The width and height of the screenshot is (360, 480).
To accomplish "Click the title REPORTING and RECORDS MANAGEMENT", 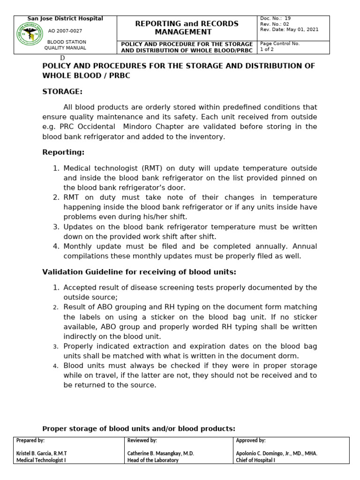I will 187,28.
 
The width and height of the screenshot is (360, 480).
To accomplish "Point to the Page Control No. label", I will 280,43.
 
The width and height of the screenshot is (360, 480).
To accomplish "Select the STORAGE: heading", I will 62,91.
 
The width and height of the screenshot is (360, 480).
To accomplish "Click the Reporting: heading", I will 63,152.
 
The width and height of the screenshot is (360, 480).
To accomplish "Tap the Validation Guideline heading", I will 139,272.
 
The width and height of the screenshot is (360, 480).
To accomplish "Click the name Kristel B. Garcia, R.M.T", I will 42,453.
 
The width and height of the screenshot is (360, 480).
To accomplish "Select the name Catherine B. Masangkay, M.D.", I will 160,453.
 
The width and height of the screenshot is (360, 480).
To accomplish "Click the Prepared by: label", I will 30,441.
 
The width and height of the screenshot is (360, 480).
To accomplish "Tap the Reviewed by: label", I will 142,441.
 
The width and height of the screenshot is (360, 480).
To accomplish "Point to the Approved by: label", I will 251,441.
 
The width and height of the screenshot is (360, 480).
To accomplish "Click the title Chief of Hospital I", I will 255,460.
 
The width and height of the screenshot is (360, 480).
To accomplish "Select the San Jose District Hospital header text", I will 65,19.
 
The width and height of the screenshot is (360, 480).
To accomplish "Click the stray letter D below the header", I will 62,57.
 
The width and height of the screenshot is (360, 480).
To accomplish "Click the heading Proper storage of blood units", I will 138,428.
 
